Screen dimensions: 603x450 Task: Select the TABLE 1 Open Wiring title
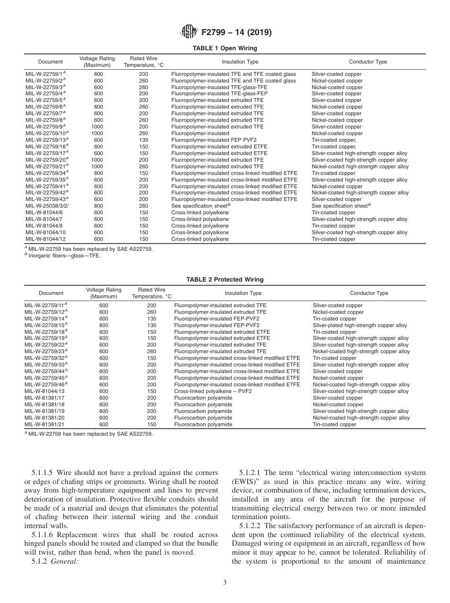click(225, 48)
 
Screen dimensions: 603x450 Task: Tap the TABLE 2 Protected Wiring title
click(225, 280)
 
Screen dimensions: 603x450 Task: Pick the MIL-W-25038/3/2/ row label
click(45, 206)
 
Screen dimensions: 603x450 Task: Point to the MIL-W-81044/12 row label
click(45, 239)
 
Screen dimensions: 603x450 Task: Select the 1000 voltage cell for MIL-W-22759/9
click(97, 127)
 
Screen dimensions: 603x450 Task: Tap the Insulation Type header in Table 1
click(240, 62)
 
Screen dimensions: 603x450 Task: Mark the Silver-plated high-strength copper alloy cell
click(360, 326)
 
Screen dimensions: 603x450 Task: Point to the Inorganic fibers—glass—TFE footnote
click(64, 256)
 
